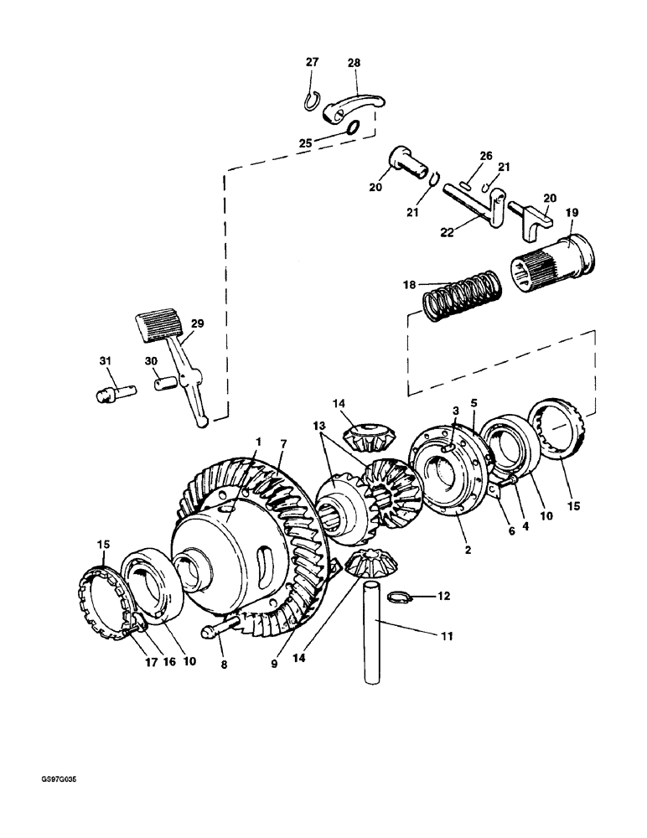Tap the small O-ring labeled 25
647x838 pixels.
[353, 127]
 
